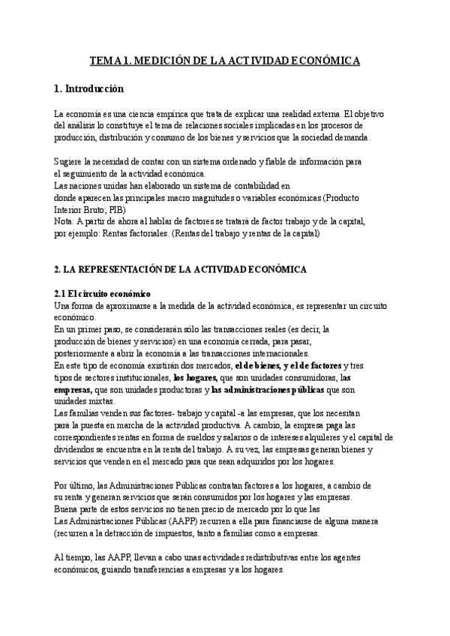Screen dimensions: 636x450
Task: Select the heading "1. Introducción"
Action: click(88, 88)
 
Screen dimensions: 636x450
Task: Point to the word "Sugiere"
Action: click(70, 162)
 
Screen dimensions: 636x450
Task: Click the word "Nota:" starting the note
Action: click(65, 221)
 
